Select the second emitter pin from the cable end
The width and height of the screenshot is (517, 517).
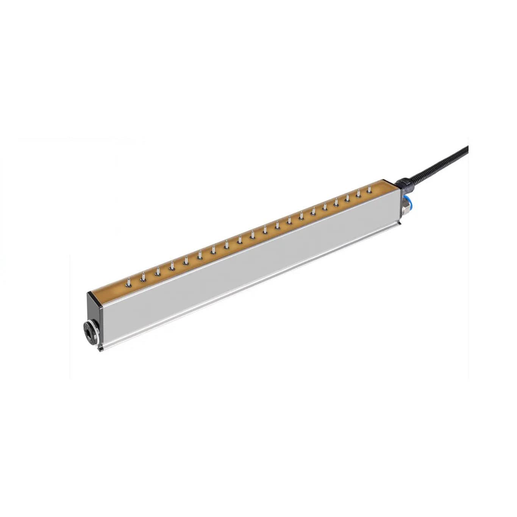click(358, 194)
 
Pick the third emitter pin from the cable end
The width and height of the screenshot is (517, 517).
click(347, 198)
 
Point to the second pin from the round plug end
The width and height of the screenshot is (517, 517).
click(143, 277)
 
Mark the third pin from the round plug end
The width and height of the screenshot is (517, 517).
click(158, 272)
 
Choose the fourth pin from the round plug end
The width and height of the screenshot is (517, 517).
click(172, 266)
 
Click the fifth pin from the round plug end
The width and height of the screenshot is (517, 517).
click(186, 261)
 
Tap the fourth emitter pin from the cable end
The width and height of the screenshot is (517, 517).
click(336, 202)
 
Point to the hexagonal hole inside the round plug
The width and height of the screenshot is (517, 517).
click(89, 330)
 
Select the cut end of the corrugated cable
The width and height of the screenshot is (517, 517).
click(467, 149)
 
